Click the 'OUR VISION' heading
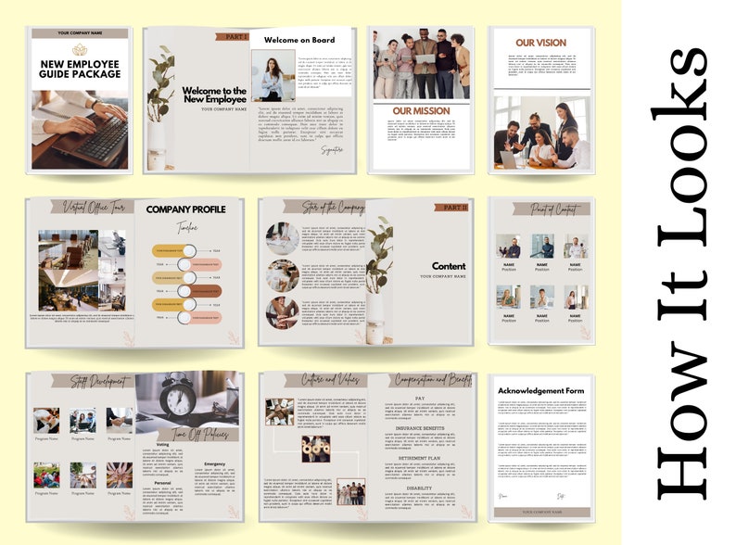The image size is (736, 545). [541, 43]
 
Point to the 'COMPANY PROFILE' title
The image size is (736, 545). [185, 209]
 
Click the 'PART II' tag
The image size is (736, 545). [452, 208]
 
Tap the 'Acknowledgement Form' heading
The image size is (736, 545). [542, 390]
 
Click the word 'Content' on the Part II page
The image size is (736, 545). [449, 266]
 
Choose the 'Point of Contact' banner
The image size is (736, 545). [541, 209]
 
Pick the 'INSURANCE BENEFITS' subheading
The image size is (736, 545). [419, 429]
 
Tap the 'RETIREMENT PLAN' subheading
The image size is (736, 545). [419, 457]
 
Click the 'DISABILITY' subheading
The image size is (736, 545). [419, 488]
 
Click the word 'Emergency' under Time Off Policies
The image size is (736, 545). [214, 463]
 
